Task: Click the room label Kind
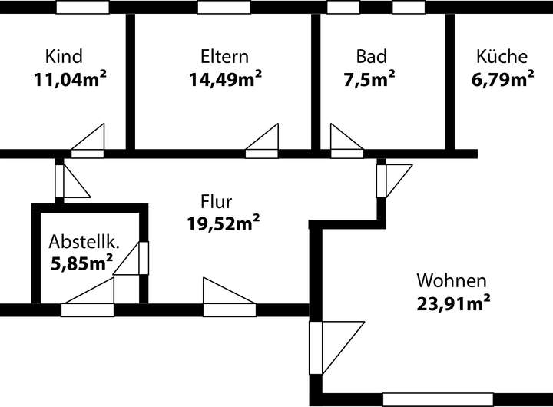[x=64, y=57]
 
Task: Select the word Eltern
[x=224, y=57]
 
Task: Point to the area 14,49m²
[x=225, y=78]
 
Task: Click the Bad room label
[x=371, y=57]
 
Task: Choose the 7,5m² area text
[x=369, y=78]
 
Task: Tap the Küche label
[x=502, y=57]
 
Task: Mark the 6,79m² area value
[x=502, y=78]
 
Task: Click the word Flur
[x=217, y=202]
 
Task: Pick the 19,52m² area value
[x=223, y=223]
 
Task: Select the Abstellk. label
[x=84, y=241]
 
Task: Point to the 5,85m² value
[x=81, y=263]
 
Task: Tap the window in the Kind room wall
[x=82, y=7]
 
